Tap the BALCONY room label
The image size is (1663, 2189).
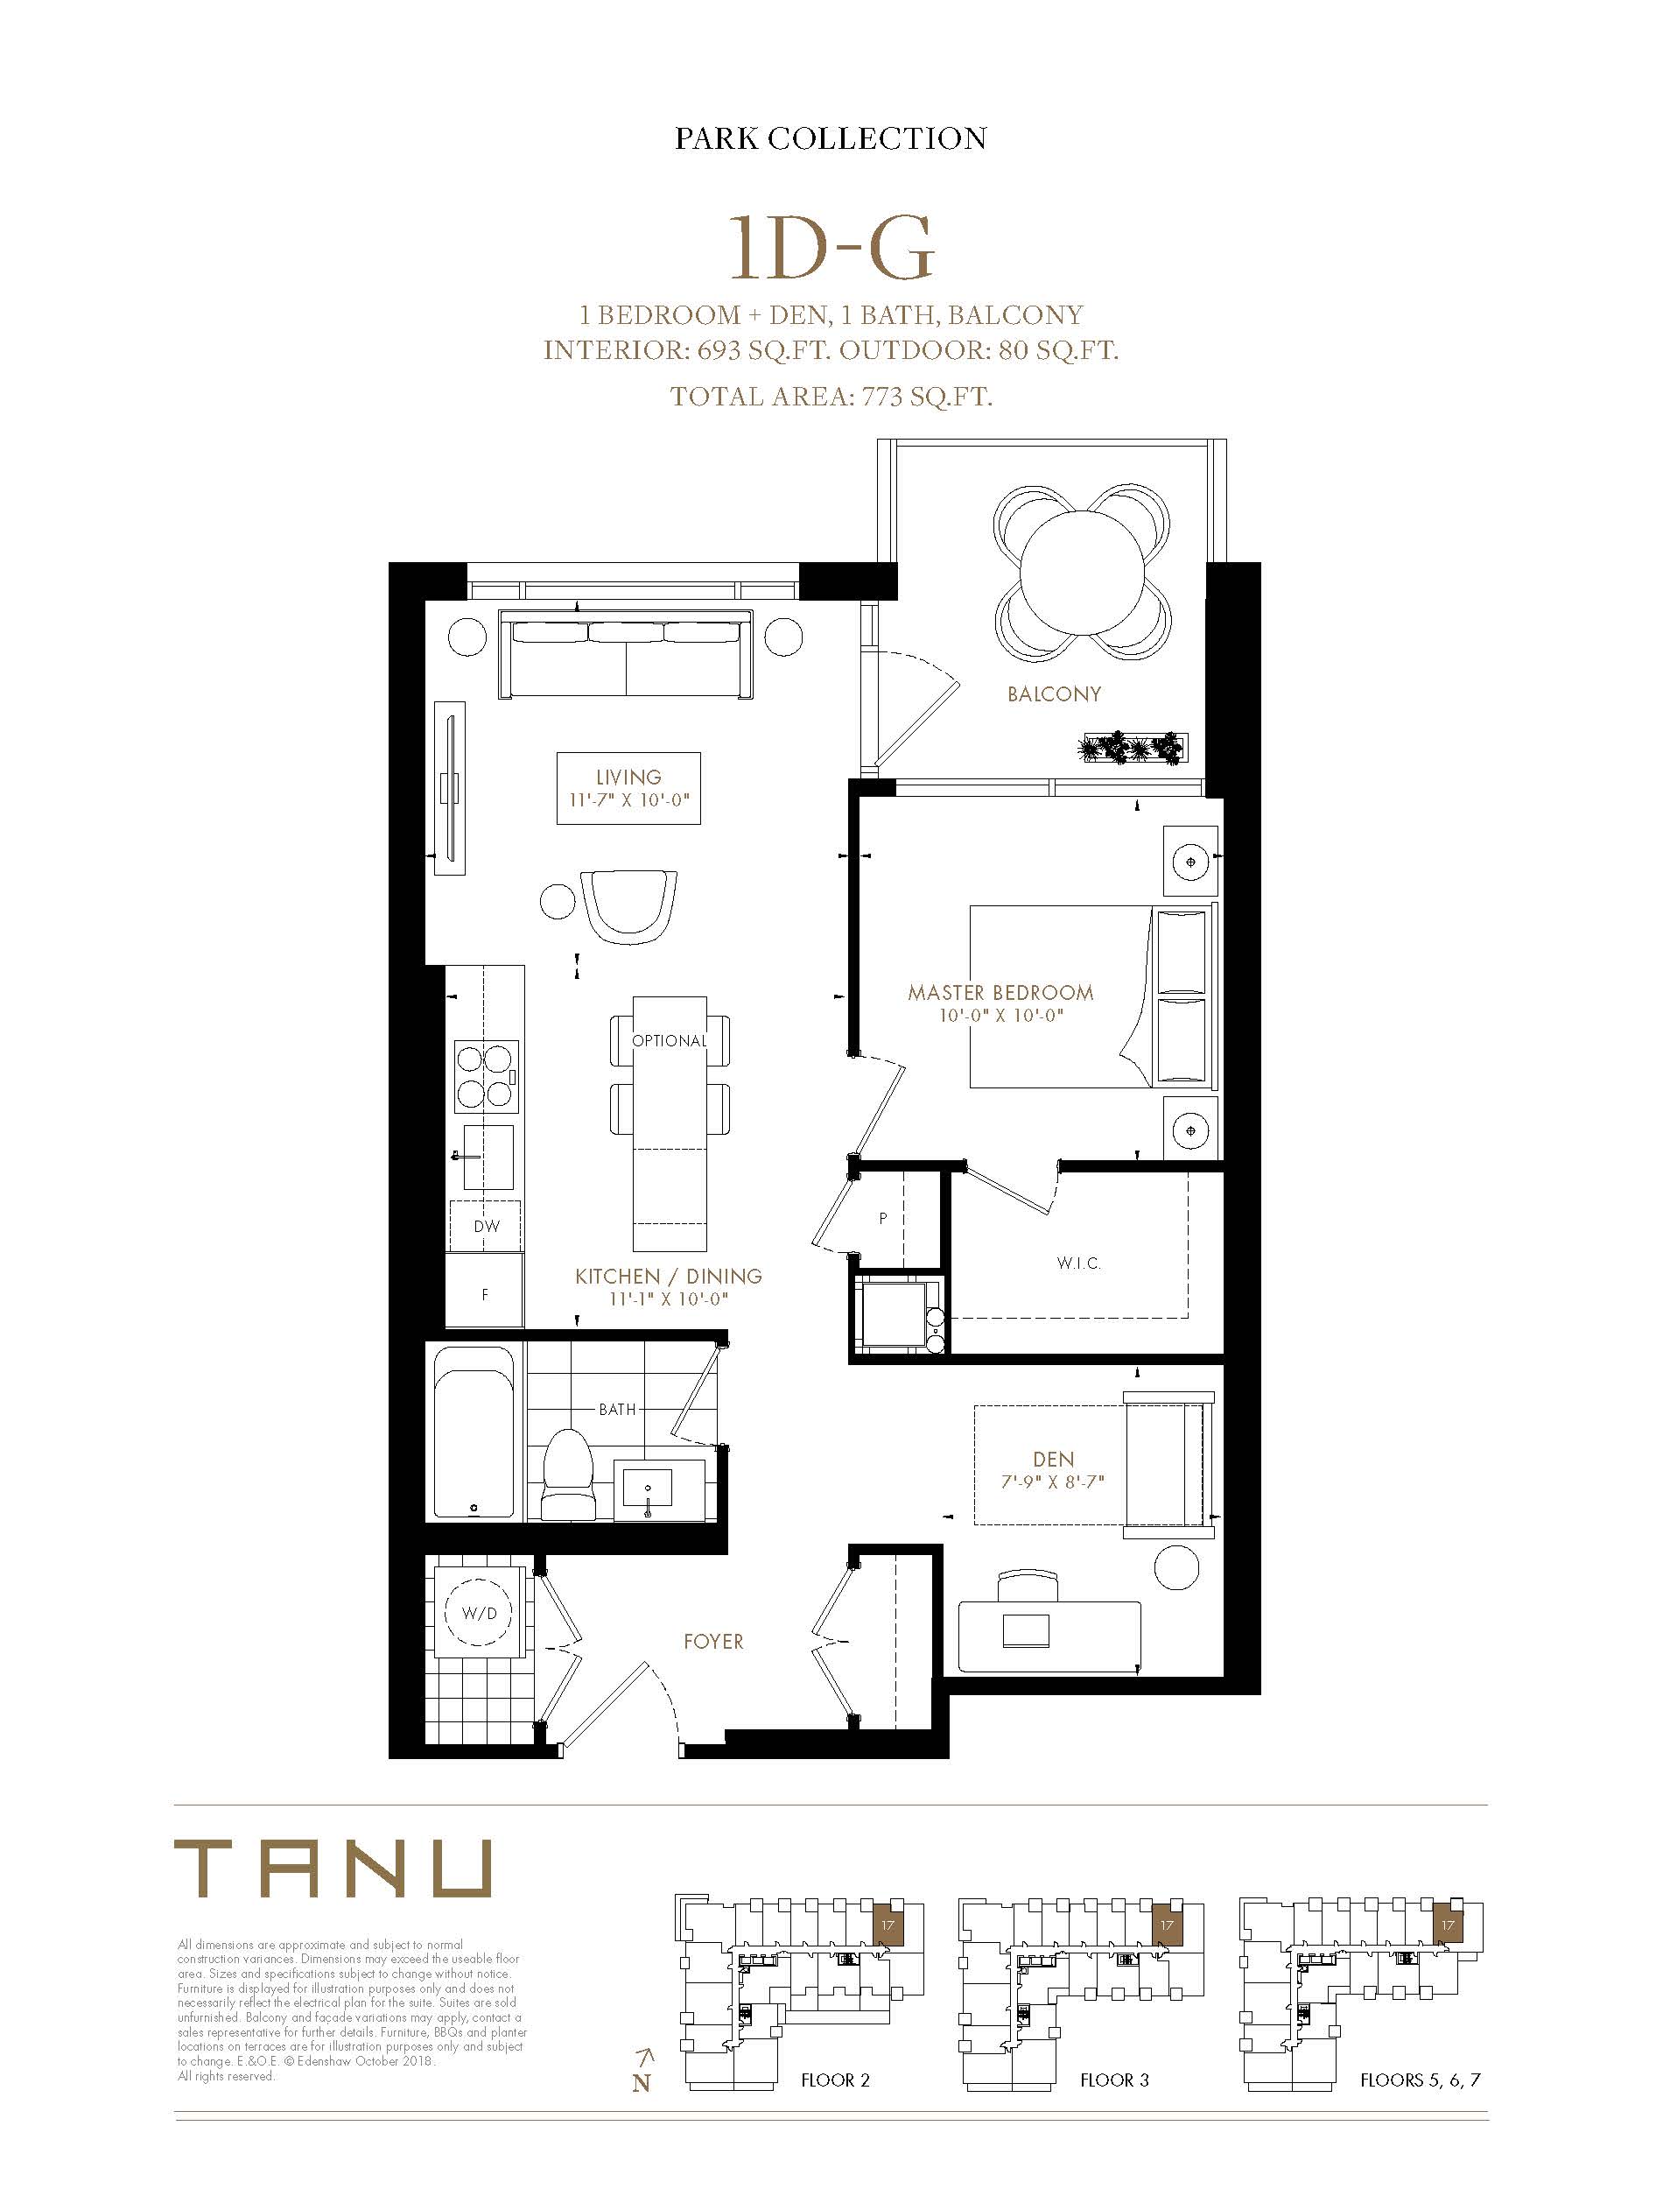tap(1054, 694)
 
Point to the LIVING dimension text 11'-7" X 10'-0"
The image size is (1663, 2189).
tap(628, 800)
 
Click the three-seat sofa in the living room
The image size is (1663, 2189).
tap(628, 654)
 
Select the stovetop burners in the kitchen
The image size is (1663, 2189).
tap(486, 1074)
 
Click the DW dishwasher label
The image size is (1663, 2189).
tap(486, 1226)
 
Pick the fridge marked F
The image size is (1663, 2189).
tap(484, 1290)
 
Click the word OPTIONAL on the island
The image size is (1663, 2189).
tap(670, 1040)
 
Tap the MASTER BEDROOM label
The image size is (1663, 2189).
tap(1000, 992)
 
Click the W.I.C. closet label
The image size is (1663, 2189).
tap(1078, 1263)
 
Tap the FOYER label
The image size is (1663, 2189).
tap(713, 1642)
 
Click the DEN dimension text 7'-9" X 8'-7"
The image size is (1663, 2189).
tap(1052, 1482)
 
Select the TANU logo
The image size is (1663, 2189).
tap(333, 1869)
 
